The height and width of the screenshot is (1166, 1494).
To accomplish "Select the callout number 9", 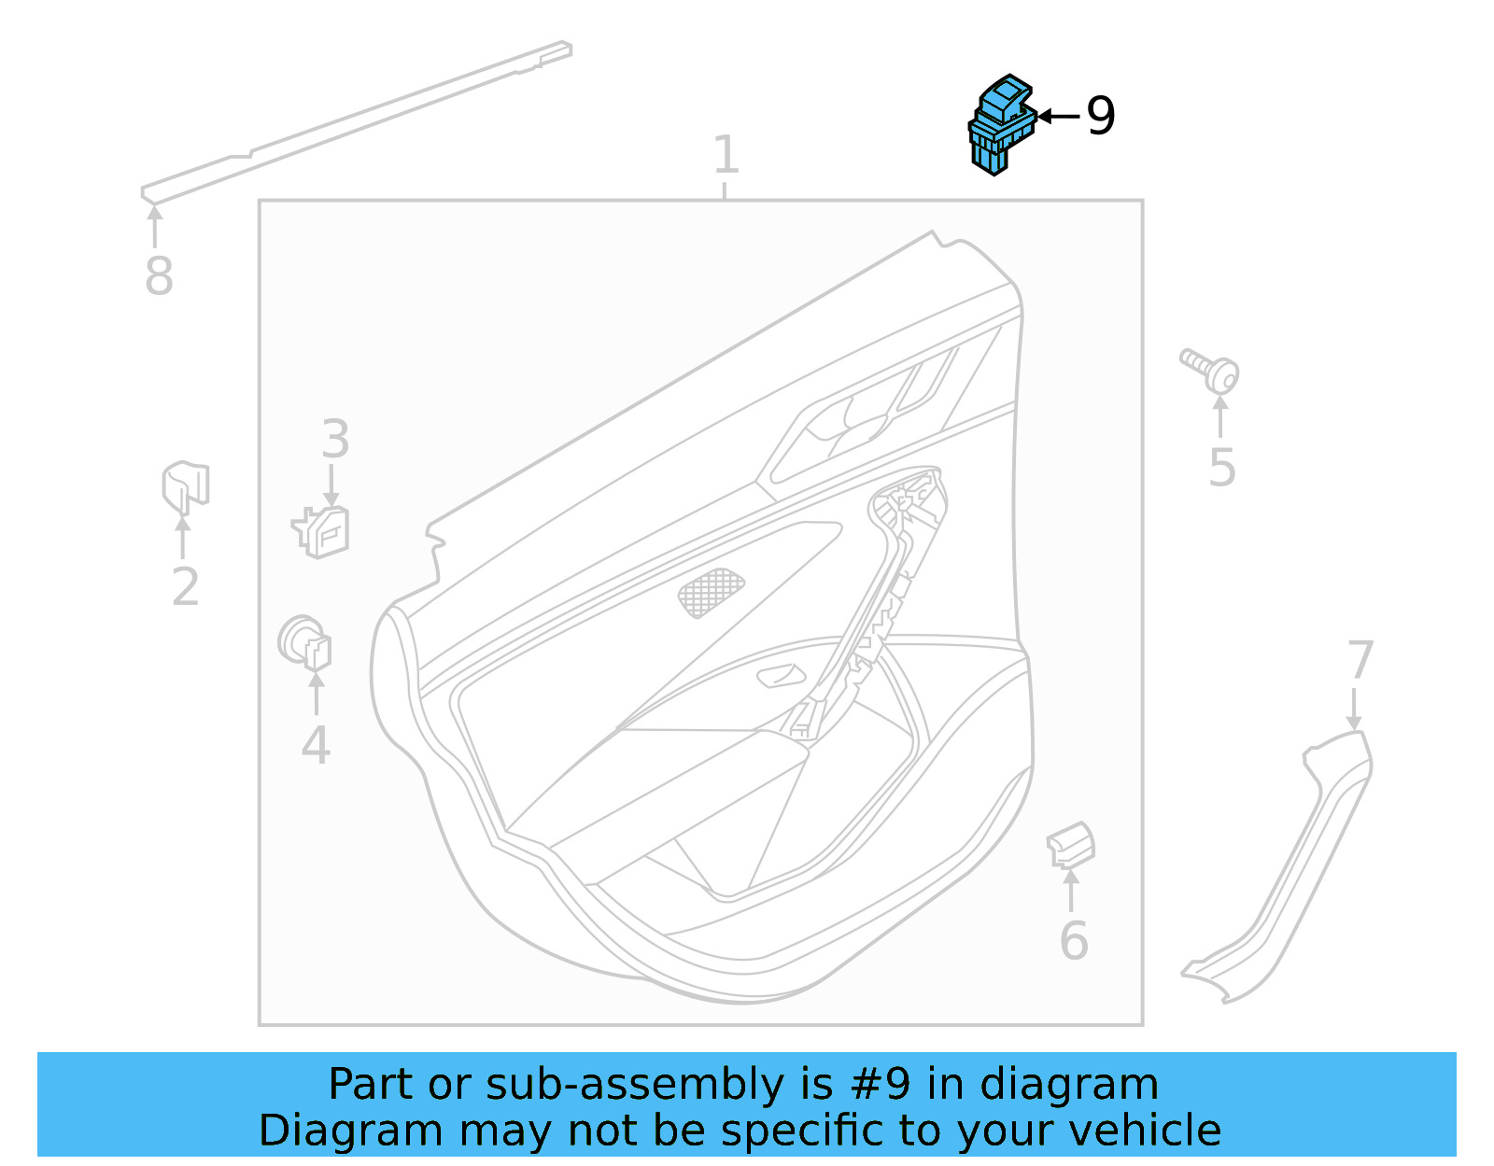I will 1101,117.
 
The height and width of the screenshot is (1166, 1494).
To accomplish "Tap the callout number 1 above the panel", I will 726,155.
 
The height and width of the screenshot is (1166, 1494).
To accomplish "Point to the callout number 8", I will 159,276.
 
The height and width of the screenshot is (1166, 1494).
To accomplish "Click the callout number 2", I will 185,587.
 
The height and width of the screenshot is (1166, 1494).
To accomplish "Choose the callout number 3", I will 335,439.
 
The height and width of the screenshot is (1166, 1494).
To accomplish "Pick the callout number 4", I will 316,745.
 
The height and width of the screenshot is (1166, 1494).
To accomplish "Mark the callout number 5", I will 1221,467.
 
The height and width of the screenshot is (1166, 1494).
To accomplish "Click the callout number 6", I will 1074,940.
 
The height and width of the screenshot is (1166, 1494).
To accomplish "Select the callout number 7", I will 1360,661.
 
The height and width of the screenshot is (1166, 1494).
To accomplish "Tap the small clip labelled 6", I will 1071,845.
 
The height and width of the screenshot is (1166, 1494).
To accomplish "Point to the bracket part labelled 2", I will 185,486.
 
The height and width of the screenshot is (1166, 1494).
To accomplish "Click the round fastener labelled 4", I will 305,643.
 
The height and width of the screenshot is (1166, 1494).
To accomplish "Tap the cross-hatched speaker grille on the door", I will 711,593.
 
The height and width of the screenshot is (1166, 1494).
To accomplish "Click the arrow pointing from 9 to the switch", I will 1058,117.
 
